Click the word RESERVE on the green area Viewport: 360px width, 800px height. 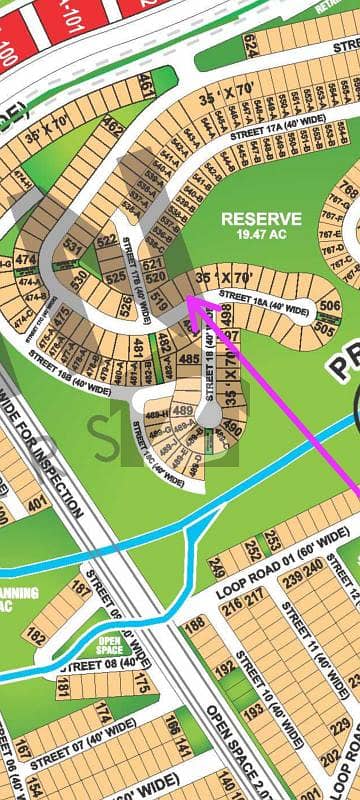pos(261,218)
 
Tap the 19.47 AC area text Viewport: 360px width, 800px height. pos(261,234)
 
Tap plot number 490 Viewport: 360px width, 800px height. pos(230,430)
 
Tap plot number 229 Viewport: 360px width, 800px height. pos(341,723)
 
